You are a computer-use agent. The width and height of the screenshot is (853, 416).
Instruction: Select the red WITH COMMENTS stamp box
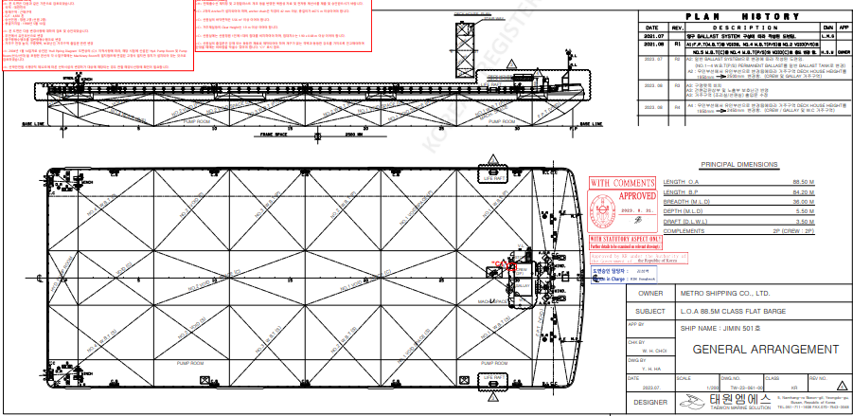(x=614, y=182)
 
